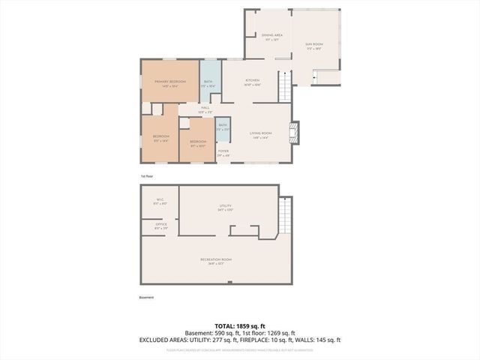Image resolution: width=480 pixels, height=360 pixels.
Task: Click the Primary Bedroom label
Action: pyautogui.click(x=170, y=82)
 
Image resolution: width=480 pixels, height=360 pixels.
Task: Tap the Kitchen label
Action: pyautogui.click(x=251, y=82)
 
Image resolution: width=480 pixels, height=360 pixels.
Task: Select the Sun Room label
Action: pyautogui.click(x=313, y=47)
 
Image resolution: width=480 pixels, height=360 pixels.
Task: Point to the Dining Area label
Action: pyautogui.click(x=272, y=37)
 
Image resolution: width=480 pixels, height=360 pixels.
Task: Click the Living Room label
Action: pyautogui.click(x=260, y=135)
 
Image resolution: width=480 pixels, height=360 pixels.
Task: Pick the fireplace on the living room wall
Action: pyautogui.click(x=295, y=133)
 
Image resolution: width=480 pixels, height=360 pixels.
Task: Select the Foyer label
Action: pyautogui.click(x=223, y=153)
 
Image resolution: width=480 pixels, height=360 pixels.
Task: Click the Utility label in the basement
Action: pyautogui.click(x=226, y=208)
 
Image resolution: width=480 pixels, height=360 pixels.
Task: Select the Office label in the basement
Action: pyautogui.click(x=160, y=226)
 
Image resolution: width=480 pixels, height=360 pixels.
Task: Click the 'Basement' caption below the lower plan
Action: pyautogui.click(x=146, y=297)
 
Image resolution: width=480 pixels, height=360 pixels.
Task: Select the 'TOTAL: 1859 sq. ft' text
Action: pyautogui.click(x=239, y=325)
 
